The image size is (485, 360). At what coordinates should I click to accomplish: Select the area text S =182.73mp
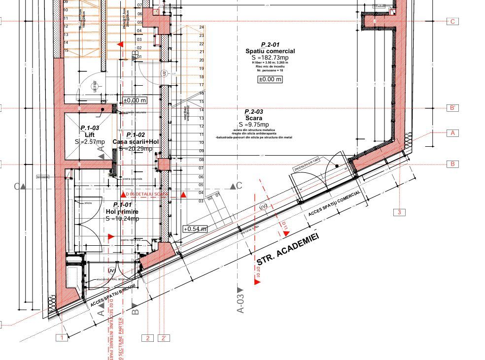[270, 58]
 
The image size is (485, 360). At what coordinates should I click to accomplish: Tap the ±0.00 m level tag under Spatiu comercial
[270, 79]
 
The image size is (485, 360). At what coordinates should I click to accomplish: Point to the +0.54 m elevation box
[195, 229]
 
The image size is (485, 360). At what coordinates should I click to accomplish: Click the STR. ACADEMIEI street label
[288, 249]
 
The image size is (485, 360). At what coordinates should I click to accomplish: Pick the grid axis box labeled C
[452, 22]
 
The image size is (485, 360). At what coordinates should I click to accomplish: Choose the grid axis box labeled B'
[452, 108]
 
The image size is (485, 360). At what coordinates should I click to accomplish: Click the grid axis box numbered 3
[399, 212]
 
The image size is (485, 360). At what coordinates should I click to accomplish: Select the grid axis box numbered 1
[62, 338]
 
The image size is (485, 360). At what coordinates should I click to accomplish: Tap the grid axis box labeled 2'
[164, 338]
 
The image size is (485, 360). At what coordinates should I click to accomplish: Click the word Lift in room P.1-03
[89, 134]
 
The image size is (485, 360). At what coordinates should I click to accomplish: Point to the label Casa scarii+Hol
[136, 142]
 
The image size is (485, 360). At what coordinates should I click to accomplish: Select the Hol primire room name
[122, 211]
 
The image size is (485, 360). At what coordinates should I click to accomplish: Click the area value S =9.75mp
[254, 125]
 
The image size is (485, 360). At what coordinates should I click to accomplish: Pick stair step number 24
[202, 27]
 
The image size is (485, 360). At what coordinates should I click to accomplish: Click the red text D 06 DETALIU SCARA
[147, 195]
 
